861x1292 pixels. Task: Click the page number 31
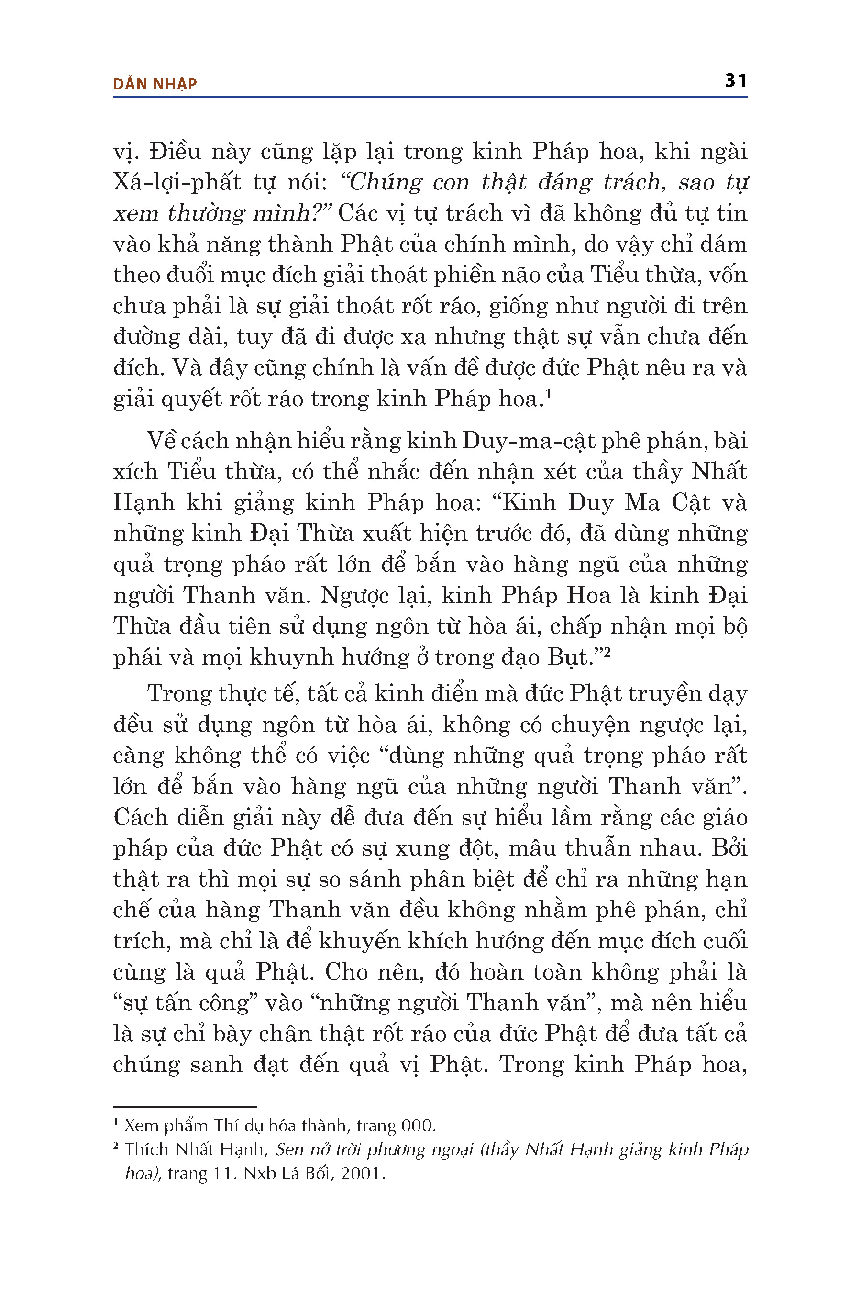pos(735,81)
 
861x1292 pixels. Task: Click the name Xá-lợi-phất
pos(177,182)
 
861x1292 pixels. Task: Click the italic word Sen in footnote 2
pos(289,1150)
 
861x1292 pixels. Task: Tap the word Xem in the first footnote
pos(141,1126)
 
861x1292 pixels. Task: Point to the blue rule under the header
pos(430,97)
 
